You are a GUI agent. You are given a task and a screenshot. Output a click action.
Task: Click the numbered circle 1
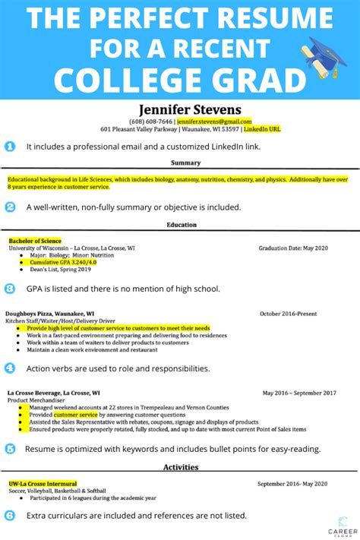pyautogui.click(x=10, y=146)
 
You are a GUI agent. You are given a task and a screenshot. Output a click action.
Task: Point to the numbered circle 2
pyautogui.click(x=10, y=207)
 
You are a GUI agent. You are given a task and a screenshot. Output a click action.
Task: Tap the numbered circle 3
pyautogui.click(x=10, y=289)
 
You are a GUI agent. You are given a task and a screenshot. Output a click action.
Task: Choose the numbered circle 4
pyautogui.click(x=10, y=368)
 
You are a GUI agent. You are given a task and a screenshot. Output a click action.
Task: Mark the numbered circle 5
pyautogui.click(x=10, y=449)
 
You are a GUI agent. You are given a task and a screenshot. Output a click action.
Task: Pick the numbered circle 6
pyautogui.click(x=10, y=515)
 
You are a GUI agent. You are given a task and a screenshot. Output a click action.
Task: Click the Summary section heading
pyautogui.click(x=185, y=163)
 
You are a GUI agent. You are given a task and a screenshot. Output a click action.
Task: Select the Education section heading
pyautogui.click(x=182, y=225)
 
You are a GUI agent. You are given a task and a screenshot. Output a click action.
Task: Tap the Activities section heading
pyautogui.click(x=181, y=467)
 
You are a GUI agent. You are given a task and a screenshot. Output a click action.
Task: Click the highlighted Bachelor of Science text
pyautogui.click(x=35, y=241)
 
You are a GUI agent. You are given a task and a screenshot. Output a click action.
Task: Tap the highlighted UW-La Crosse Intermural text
pyautogui.click(x=43, y=483)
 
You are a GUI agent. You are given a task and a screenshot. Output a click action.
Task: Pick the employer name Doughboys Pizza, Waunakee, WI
pyautogui.click(x=49, y=313)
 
